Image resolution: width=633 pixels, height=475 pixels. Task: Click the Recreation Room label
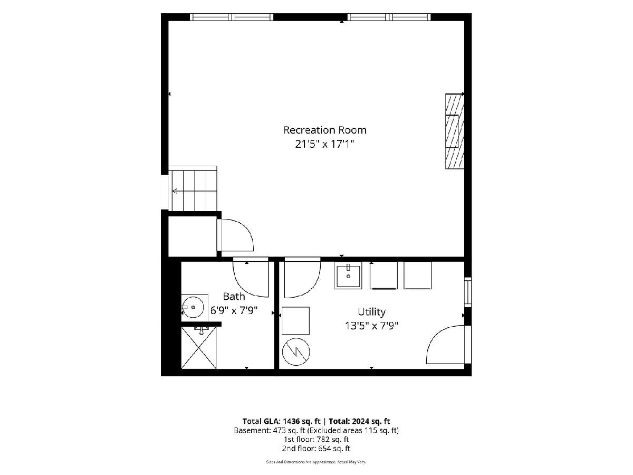pyautogui.click(x=325, y=130)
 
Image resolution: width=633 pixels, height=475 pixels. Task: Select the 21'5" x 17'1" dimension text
pyautogui.click(x=324, y=144)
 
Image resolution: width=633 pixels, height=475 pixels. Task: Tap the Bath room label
pyautogui.click(x=234, y=297)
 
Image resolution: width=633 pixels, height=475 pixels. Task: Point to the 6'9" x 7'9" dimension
pyautogui.click(x=234, y=310)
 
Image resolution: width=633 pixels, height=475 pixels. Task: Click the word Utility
pyautogui.click(x=371, y=312)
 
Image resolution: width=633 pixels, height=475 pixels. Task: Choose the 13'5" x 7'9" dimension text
pyautogui.click(x=371, y=326)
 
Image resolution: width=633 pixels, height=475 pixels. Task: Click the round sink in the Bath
pyautogui.click(x=193, y=307)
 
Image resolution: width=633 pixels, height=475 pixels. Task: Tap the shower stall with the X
pyautogui.click(x=199, y=347)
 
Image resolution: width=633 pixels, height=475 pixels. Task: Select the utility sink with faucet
pyautogui.click(x=348, y=275)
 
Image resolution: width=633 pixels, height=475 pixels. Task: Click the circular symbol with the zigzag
pyautogui.click(x=296, y=352)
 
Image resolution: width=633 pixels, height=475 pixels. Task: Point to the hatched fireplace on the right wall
pyautogui.click(x=455, y=131)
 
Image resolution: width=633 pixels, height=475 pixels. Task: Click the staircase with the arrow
pyautogui.click(x=193, y=188)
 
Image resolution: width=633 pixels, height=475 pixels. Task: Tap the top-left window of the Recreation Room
pyautogui.click(x=232, y=17)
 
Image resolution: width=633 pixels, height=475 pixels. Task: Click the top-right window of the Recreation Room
pyautogui.click(x=389, y=17)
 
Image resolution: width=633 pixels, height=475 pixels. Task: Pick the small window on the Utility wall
pyautogui.click(x=468, y=292)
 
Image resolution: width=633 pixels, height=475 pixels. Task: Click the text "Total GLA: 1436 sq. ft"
pyautogui.click(x=282, y=421)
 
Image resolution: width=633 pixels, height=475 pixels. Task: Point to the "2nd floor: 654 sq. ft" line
pyautogui.click(x=316, y=449)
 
